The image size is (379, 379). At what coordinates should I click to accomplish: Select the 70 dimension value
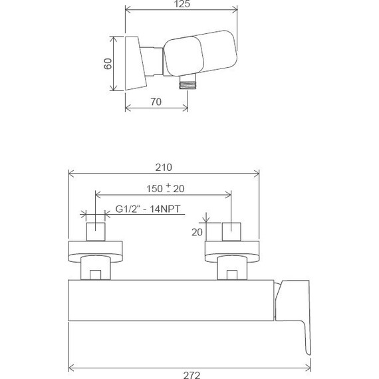tap(156, 102)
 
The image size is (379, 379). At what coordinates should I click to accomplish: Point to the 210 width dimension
tap(164, 168)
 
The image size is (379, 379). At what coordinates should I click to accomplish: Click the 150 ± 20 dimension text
tap(165, 189)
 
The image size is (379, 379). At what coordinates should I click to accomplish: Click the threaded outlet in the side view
tap(189, 83)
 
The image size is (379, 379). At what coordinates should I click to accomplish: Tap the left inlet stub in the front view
tap(97, 231)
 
